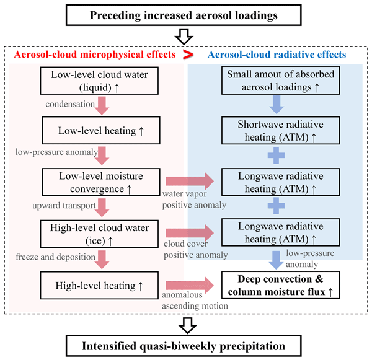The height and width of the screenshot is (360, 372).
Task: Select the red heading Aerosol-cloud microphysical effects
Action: [x=94, y=55]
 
